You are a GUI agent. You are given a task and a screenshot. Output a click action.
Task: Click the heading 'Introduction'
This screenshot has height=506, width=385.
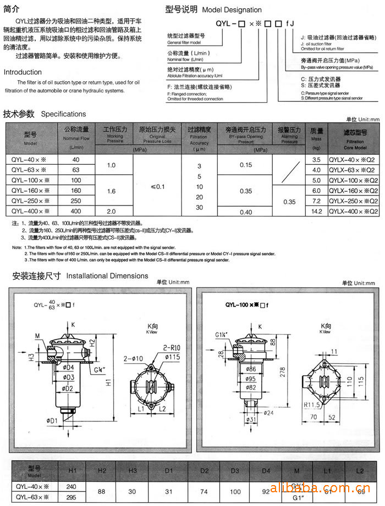[23, 72]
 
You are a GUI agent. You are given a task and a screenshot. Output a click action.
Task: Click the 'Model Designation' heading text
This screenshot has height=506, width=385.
[232, 10]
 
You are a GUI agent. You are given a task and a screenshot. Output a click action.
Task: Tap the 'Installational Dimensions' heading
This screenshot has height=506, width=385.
[107, 276]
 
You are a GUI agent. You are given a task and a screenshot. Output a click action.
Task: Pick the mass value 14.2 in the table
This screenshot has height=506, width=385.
[316, 211]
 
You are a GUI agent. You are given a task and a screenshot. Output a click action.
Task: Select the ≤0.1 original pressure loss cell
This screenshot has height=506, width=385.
[157, 187]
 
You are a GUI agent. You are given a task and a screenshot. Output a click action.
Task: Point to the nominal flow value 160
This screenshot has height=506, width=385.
[76, 190]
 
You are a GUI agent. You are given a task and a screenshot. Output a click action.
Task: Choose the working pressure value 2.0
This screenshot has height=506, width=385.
[112, 211]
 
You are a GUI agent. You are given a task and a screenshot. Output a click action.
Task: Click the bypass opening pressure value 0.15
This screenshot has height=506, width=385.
[246, 165]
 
